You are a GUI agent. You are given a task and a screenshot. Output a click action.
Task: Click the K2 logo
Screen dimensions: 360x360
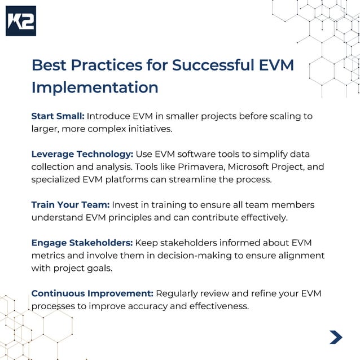click(21, 21)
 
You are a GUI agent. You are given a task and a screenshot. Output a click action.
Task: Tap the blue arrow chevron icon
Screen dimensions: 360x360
click(336, 337)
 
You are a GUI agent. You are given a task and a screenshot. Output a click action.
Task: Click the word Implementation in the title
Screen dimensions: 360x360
click(95, 87)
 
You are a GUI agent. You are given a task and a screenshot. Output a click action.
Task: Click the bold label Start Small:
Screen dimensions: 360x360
click(58, 116)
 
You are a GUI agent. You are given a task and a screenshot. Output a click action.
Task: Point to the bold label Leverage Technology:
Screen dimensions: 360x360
click(82, 154)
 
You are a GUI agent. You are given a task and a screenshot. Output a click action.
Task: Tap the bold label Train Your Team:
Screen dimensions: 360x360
click(71, 204)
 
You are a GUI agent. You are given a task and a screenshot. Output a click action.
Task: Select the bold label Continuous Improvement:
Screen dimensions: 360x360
click(92, 293)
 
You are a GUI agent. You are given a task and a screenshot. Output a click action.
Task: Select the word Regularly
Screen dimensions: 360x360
click(178, 293)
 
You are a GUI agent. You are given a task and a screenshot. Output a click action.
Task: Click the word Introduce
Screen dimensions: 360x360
click(109, 116)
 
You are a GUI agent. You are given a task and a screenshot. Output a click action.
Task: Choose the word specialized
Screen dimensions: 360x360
click(58, 179)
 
